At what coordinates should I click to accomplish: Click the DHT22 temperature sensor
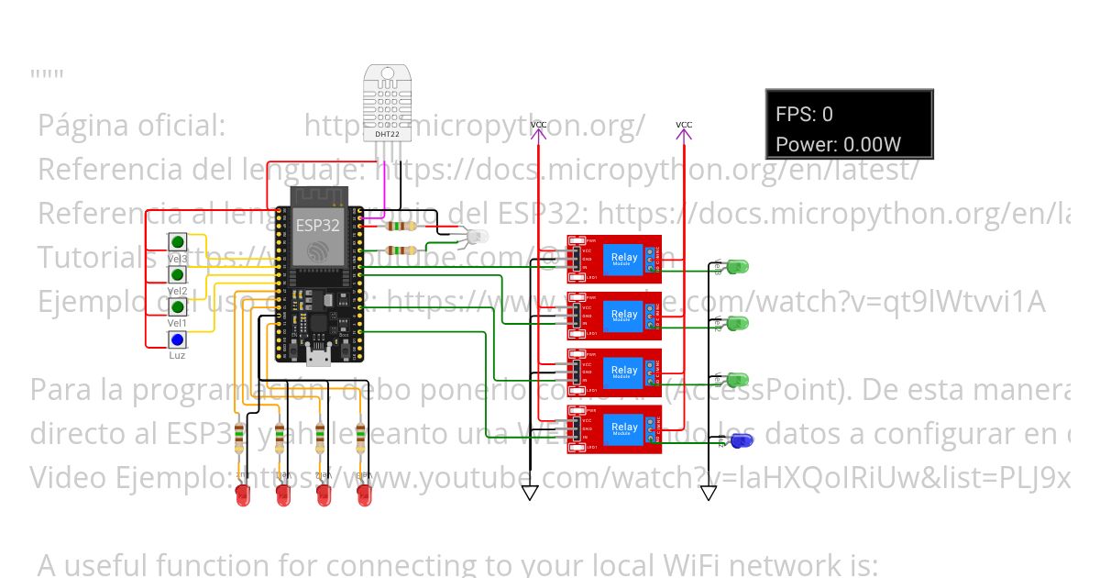point(387,103)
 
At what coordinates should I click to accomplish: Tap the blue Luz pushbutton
point(178,339)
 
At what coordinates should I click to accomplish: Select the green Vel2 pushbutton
point(178,274)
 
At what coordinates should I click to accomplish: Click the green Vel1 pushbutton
point(178,307)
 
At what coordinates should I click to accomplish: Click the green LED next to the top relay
point(737,267)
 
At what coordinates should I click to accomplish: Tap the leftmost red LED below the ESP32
point(243,495)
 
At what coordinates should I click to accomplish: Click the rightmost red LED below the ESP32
point(364,495)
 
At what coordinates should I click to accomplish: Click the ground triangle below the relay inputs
point(530,493)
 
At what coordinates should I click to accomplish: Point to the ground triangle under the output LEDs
point(708,493)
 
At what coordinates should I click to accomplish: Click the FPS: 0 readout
point(805,115)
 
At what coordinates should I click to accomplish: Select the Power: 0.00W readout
point(838,144)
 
